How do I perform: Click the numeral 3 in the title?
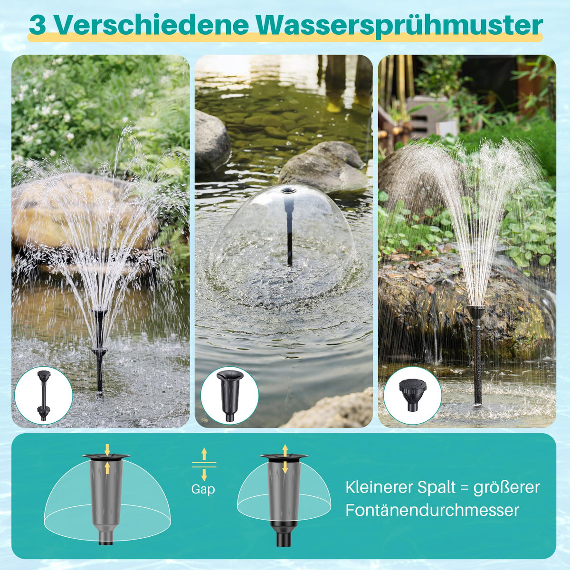click(x=37, y=26)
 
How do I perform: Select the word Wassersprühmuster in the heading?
click(x=399, y=27)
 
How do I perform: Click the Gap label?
click(x=203, y=489)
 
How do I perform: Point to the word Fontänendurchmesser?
click(x=432, y=510)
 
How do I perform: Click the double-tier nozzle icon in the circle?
click(x=44, y=396)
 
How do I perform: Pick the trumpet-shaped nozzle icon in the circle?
click(x=230, y=396)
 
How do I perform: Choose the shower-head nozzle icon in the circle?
click(x=413, y=395)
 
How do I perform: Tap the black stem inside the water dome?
click(x=290, y=231)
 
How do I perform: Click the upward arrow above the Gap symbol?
click(x=204, y=454)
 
